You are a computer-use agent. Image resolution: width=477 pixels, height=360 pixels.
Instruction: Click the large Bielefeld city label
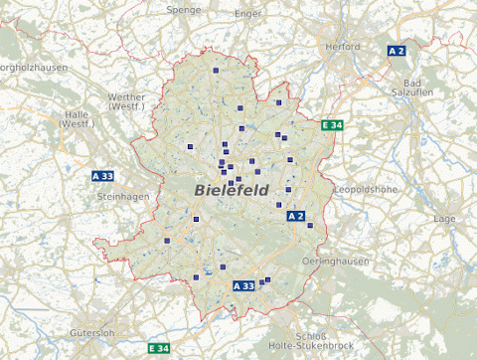point(231,189)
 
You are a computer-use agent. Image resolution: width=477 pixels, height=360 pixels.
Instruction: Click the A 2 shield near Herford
point(397,51)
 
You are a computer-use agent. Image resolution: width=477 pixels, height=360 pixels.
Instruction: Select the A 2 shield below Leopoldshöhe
point(295,216)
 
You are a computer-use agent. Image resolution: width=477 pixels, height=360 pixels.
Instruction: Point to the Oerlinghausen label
point(338,261)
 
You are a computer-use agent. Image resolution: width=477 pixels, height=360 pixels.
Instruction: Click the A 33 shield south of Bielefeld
point(243,285)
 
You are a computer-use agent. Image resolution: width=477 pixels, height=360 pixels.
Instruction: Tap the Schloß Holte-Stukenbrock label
point(311,340)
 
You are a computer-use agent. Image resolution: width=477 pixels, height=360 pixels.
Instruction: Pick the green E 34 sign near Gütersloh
point(159,348)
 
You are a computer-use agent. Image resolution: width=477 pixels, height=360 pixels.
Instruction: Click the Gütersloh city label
point(93,332)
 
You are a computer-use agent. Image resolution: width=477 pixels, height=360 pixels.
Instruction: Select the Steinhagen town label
point(122,197)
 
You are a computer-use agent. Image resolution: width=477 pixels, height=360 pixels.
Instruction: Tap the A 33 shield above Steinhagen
point(102,176)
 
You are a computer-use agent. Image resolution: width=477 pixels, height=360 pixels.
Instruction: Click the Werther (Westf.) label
point(125,100)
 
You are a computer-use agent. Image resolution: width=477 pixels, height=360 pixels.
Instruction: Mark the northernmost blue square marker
point(215,71)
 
